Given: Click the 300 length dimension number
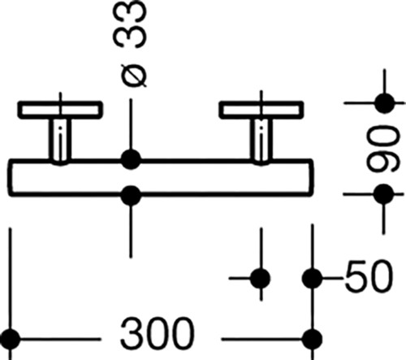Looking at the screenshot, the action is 157,334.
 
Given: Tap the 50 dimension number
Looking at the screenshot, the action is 369,276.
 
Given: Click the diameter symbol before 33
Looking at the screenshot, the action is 134,76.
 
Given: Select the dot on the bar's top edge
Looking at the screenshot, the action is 131,159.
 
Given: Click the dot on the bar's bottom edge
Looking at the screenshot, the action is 131,196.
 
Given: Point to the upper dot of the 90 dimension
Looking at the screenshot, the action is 385,103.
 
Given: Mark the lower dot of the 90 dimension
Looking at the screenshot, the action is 383,194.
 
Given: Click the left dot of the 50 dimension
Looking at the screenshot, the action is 261,278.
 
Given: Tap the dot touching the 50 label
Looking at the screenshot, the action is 312,278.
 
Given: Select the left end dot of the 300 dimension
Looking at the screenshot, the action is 11,339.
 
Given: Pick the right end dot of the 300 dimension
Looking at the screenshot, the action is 312,339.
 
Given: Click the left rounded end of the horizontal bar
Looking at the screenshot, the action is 10,178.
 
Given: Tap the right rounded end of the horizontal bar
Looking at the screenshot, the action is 311,178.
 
